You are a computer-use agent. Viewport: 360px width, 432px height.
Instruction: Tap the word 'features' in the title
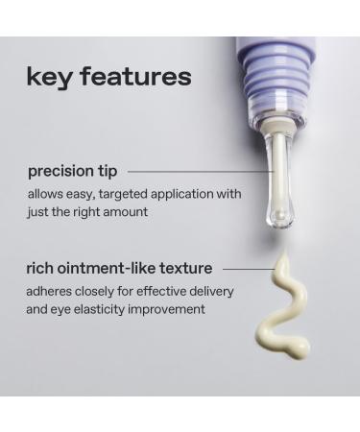point(134,76)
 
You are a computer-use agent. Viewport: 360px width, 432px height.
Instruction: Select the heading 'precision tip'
point(73,171)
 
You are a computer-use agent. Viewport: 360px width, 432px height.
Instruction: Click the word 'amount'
point(127,211)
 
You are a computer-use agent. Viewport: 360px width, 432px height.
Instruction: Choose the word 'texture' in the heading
point(185,268)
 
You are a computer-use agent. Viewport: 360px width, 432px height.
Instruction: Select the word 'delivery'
point(210,291)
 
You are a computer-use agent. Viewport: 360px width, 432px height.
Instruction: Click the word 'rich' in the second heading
point(40,268)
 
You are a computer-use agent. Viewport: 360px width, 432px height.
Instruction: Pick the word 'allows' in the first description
point(46,194)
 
